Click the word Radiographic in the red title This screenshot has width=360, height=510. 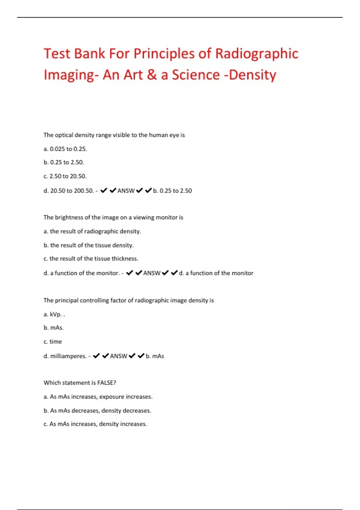257,54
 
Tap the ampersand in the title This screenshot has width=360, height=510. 152,75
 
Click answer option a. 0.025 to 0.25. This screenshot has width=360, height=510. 65,149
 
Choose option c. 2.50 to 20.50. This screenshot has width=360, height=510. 65,176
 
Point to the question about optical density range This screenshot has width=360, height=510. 114,135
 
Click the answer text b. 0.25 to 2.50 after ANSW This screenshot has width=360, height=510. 172,190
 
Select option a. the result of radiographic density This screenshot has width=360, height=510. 92,231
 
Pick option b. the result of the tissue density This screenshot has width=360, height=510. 88,245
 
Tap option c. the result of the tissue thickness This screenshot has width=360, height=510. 91,259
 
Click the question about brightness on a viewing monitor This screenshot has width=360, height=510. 113,217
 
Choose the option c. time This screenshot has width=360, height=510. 52,341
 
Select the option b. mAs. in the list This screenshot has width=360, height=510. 53,328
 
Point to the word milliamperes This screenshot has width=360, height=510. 68,356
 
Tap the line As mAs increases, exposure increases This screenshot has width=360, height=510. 98,397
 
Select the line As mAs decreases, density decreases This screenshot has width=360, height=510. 97,410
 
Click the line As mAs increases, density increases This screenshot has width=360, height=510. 95,424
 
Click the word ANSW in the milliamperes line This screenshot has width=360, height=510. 118,356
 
